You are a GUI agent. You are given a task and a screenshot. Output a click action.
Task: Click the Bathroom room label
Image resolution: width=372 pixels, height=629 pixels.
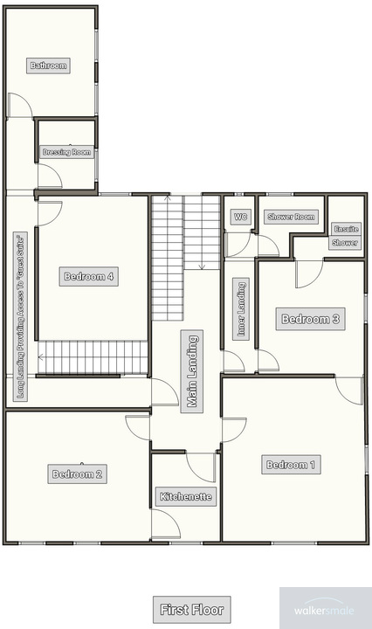click(49, 66)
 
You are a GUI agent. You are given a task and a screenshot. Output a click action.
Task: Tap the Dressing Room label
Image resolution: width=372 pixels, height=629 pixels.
click(67, 152)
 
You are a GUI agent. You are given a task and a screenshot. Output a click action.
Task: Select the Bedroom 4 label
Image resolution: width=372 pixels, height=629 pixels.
click(89, 277)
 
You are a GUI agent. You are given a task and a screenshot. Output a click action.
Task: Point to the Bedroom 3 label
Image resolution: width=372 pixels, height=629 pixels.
click(309, 320)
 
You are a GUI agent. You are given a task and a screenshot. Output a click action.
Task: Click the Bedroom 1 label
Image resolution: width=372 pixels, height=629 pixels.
click(292, 465)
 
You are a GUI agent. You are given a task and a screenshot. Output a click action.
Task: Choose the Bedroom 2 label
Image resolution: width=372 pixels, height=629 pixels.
click(78, 474)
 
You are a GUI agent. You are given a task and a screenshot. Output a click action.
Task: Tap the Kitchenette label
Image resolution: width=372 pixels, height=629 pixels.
click(185, 496)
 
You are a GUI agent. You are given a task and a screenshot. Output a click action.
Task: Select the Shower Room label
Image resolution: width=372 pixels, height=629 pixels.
click(291, 217)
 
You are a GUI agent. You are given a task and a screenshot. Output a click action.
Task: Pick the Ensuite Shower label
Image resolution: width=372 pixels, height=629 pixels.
click(345, 237)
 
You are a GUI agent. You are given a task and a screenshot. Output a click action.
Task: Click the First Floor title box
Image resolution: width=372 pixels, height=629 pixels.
click(191, 608)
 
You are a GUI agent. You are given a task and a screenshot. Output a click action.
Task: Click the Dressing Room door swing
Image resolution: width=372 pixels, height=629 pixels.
click(49, 176)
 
